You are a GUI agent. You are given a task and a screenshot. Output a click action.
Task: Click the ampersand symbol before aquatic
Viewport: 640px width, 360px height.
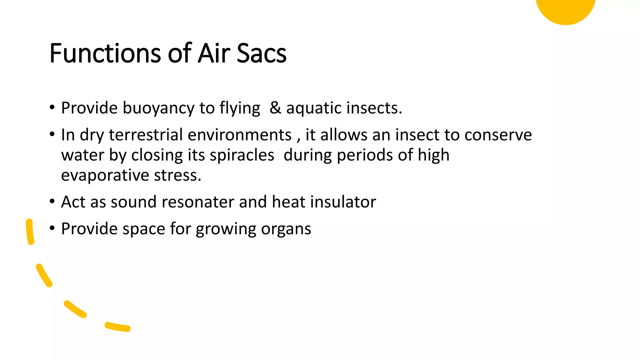pos(275,107)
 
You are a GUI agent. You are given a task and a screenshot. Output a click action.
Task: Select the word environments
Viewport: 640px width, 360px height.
pos(240,135)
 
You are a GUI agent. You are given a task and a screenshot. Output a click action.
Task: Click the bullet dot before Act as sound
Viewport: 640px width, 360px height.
pos(52,202)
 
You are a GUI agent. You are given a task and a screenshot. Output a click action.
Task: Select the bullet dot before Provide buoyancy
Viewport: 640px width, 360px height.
pos(52,107)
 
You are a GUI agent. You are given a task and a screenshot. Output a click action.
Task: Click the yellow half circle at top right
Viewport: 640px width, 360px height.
pos(566,9)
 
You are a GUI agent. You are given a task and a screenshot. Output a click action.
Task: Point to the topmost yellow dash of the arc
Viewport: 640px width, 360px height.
pos(30,232)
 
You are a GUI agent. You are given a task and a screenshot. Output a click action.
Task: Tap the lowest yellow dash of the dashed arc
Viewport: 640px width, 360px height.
pos(117,327)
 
